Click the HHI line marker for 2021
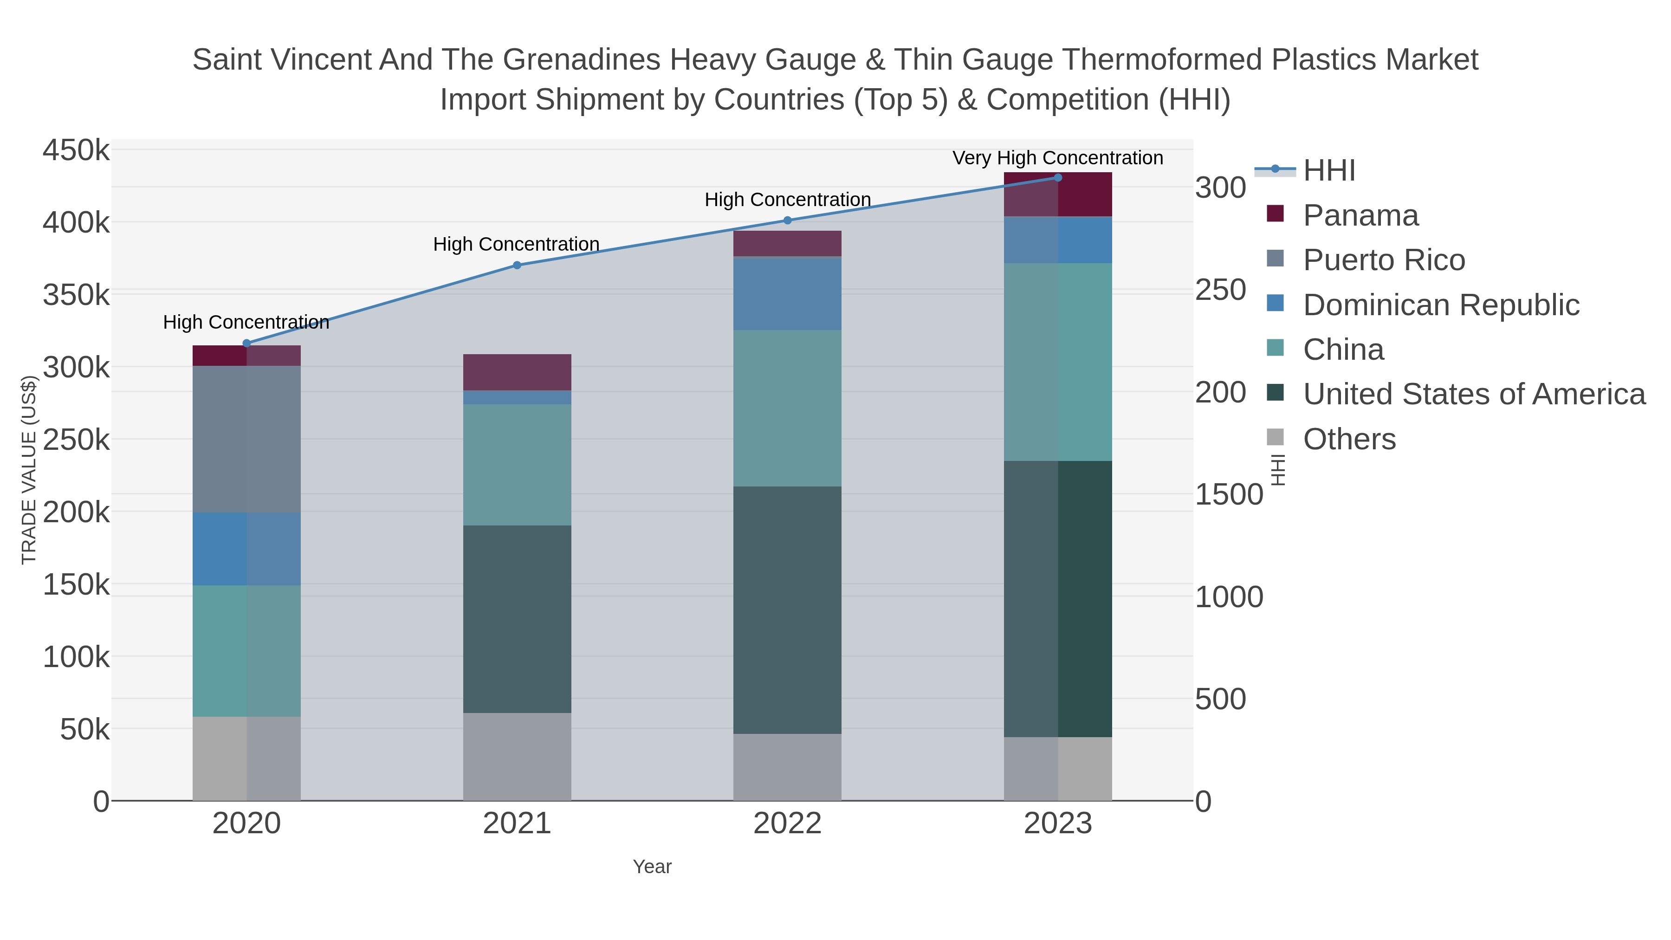(517, 265)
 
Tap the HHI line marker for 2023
(1057, 177)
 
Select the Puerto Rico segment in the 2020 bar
(246, 439)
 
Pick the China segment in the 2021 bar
(517, 465)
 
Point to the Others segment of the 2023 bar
(1057, 768)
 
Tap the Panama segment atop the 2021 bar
(517, 372)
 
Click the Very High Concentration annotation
(1057, 158)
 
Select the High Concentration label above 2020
(246, 322)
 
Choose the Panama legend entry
(1360, 215)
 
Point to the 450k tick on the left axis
(76, 150)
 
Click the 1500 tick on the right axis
(1229, 494)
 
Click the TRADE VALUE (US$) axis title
(29, 470)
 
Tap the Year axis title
(652, 866)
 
